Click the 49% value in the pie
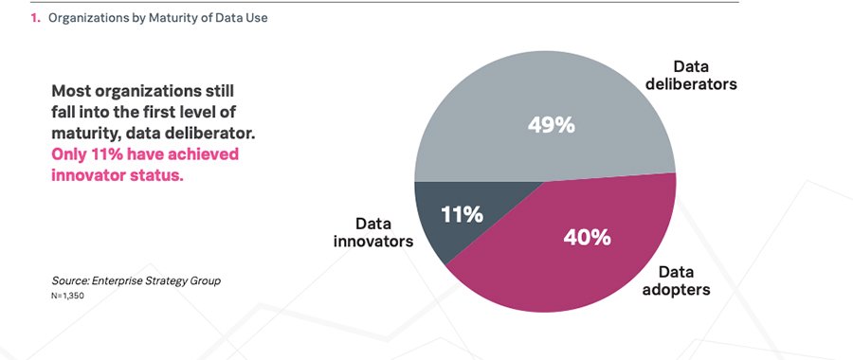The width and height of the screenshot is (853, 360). tap(545, 124)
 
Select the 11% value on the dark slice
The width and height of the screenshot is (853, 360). tap(462, 214)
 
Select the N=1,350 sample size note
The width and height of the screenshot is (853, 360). tap(74, 297)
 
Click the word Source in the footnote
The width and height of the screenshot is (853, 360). tap(70, 281)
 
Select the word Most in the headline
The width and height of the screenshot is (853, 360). tap(74, 91)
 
